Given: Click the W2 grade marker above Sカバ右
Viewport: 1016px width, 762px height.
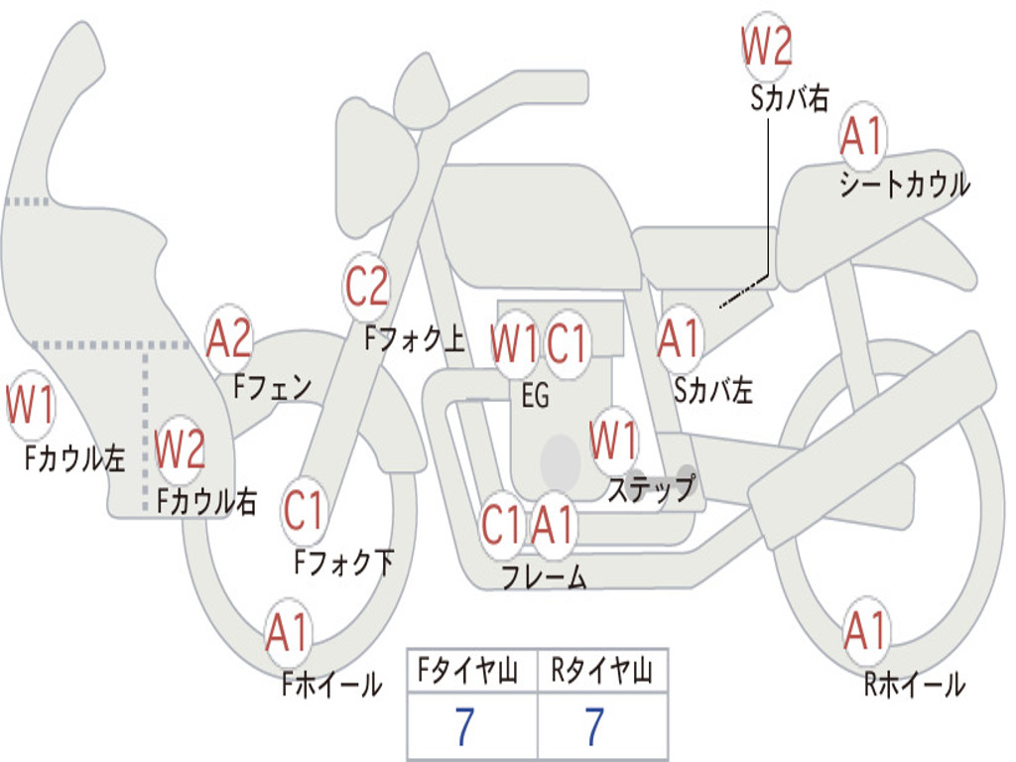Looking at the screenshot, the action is tap(767, 46).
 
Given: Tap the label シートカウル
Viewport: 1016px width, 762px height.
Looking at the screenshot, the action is tap(905, 184).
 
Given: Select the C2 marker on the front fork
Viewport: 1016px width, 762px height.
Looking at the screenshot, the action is tap(366, 287).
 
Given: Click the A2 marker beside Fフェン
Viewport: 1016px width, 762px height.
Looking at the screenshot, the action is tap(228, 338).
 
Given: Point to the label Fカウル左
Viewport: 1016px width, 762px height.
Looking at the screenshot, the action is tap(74, 457).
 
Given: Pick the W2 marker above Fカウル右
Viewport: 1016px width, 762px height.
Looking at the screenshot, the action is tap(181, 449).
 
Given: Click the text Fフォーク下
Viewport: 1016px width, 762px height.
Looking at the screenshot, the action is tap(344, 563).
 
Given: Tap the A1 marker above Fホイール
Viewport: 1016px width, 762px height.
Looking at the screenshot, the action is tap(288, 632).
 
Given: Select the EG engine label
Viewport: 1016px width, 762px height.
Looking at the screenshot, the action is tap(535, 395).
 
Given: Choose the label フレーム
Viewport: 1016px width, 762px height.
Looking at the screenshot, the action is tap(545, 576).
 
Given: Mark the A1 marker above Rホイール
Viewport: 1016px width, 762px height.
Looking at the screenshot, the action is tap(865, 630).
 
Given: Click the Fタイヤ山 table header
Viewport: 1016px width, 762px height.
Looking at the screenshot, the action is tap(467, 671).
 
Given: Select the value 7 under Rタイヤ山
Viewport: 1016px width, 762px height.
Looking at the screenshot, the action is tap(595, 726).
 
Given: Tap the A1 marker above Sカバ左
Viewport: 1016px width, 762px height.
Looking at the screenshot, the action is tap(679, 338).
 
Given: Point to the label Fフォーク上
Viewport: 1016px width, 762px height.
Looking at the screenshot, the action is tap(415, 337).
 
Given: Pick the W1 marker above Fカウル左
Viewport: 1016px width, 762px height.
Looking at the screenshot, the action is tap(30, 405).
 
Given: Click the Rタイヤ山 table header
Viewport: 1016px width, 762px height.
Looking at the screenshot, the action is tap(601, 671).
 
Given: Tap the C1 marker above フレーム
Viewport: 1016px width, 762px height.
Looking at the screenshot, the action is tap(501, 524).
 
